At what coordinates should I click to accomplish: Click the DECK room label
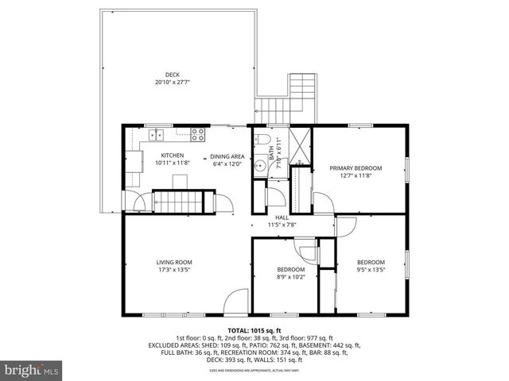pos(173,75)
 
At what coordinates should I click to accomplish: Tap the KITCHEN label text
pos(173,156)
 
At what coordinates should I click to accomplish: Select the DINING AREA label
pos(227,156)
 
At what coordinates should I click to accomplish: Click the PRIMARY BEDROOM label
pos(356,168)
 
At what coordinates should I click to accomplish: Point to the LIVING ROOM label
pos(173,263)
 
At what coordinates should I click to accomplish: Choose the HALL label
pos(282,217)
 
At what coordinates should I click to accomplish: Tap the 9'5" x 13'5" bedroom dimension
pos(371,270)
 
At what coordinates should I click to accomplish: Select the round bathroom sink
pos(260,167)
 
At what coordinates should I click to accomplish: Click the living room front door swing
pos(235,302)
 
